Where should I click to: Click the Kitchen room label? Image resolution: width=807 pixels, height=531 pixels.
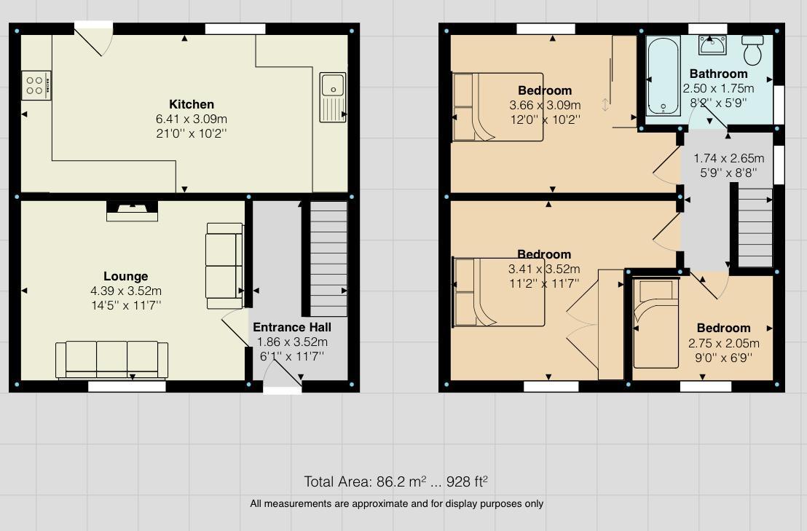(192, 104)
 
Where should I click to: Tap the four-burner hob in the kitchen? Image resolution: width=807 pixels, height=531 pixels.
(36, 84)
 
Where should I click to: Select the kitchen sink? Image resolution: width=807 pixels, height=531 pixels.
(333, 95)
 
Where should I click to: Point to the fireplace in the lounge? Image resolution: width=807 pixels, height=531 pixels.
(132, 211)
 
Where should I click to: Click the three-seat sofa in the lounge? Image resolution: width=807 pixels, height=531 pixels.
(111, 359)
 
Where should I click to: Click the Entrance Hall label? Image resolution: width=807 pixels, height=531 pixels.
(292, 327)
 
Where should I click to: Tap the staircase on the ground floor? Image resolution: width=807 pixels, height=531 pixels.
(328, 248)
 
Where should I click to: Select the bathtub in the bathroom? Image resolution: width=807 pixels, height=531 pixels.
(662, 75)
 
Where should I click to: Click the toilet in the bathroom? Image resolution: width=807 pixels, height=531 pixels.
(752, 49)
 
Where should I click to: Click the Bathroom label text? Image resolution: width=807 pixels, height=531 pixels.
(718, 74)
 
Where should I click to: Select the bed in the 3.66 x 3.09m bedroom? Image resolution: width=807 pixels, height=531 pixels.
(498, 107)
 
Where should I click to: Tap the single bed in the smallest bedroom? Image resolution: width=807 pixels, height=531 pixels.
(656, 323)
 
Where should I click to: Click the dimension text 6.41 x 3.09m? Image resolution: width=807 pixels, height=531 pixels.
(192, 119)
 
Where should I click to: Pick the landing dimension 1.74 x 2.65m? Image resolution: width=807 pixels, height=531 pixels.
(728, 158)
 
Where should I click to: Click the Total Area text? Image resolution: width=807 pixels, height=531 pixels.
(395, 481)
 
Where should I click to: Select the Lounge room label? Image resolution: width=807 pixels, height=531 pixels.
(125, 276)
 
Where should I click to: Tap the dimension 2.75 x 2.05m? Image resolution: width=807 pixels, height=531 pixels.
(723, 343)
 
